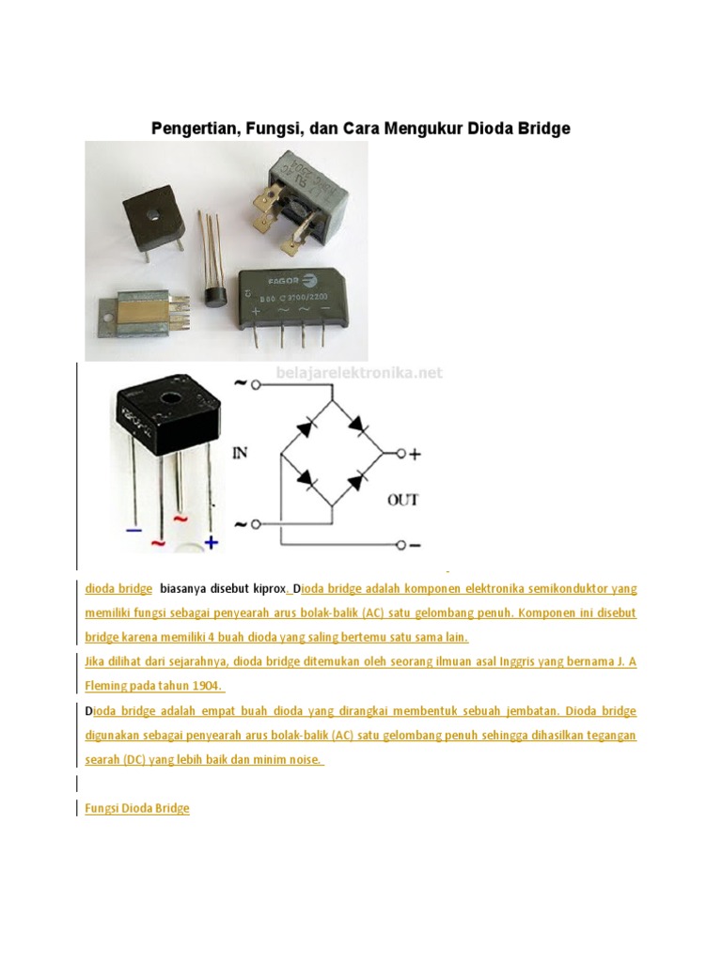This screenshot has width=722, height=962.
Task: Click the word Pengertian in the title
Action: click(x=191, y=128)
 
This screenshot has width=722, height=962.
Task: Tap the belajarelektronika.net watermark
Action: click(x=358, y=373)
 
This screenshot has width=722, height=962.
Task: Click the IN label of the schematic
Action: click(x=241, y=453)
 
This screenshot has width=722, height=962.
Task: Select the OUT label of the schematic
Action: click(x=402, y=500)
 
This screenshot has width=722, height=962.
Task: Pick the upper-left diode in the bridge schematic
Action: click(x=306, y=427)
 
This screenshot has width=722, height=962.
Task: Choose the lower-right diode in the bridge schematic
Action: click(x=356, y=483)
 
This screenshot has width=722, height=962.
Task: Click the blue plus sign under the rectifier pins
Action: click(x=212, y=542)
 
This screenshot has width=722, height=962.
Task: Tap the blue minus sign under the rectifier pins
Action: click(x=133, y=530)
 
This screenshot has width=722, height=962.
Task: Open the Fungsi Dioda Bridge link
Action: click(x=137, y=808)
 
